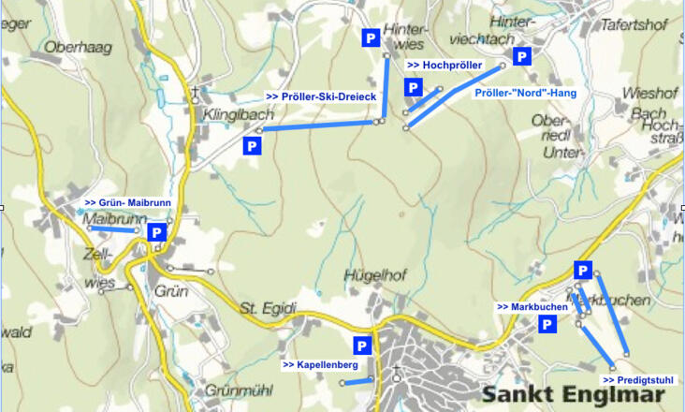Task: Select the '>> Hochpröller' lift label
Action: (x=444, y=66)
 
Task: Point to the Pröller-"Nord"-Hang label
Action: (x=525, y=93)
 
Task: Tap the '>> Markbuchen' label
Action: (x=532, y=306)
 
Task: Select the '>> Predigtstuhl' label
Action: (x=638, y=380)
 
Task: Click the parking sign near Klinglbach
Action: (x=251, y=146)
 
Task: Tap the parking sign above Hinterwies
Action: (x=371, y=37)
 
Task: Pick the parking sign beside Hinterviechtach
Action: (x=523, y=56)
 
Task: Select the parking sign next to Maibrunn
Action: (x=157, y=232)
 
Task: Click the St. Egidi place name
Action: (x=268, y=308)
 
